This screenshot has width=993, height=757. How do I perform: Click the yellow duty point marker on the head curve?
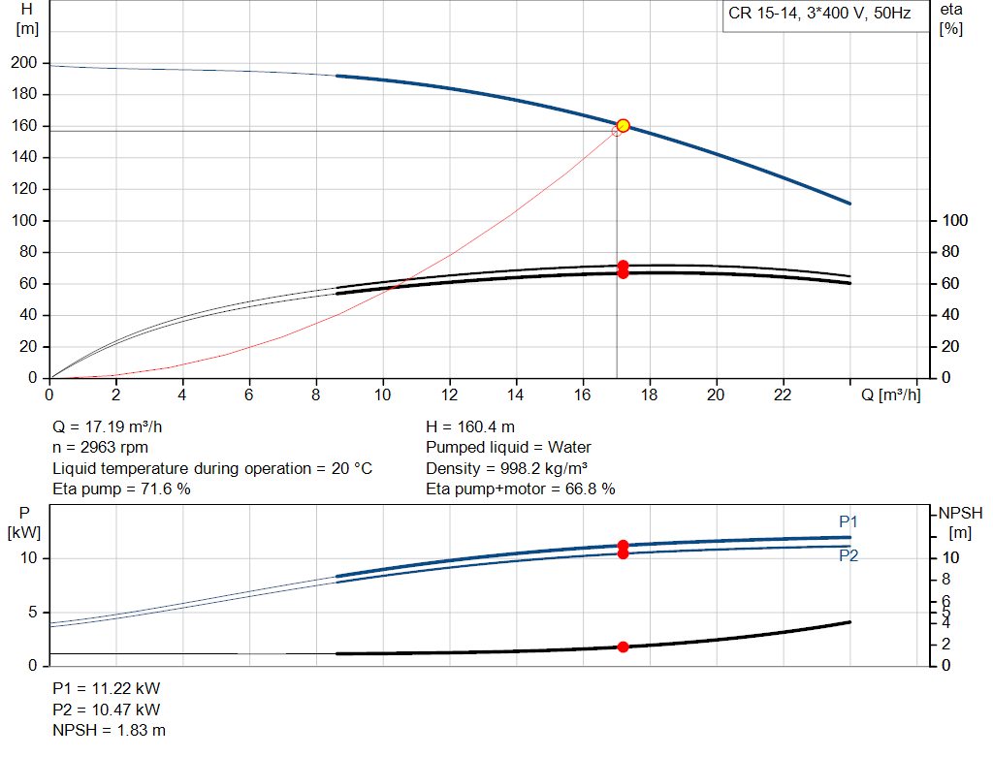pos(623,125)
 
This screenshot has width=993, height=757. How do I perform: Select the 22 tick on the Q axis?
pos(783,394)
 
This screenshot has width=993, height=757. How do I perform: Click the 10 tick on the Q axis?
pos(383,394)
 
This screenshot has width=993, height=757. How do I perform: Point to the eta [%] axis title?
pos(950,18)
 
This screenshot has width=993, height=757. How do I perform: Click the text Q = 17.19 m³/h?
pos(114,426)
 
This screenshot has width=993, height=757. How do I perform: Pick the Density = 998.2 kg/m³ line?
pos(507,468)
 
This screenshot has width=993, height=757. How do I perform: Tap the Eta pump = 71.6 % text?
pos(121,489)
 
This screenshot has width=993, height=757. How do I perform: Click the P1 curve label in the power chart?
pos(848,521)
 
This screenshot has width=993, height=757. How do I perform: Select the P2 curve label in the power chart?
pos(848,555)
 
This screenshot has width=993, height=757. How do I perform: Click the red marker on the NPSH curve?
pos(623,647)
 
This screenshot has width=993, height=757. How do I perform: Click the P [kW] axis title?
pos(23,521)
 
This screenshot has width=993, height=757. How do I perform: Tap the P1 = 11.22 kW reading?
pos(106,688)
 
